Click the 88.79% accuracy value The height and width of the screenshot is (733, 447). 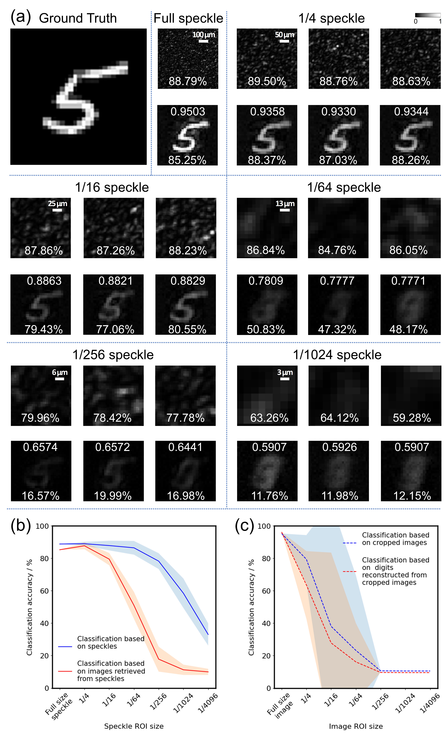pos(187,81)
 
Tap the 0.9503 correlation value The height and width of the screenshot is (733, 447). pos(187,112)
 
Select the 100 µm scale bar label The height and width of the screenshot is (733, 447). pos(204,35)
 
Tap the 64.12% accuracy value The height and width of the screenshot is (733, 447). pos(339,418)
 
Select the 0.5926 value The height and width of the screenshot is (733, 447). pos(339,447)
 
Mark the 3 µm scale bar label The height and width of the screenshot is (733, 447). pos(285,372)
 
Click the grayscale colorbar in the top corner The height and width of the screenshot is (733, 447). pos(428,15)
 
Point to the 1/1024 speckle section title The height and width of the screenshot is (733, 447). pos(337,355)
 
